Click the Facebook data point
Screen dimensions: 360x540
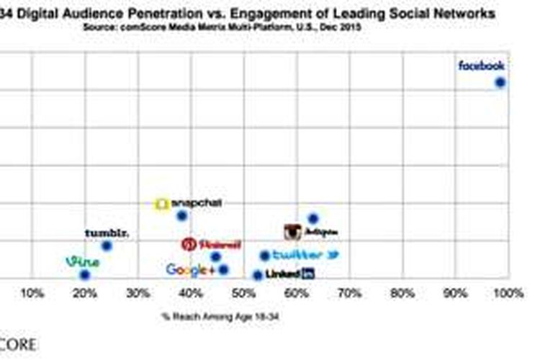point(500,83)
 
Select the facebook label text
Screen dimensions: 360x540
point(482,66)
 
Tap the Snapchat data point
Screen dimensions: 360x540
point(182,215)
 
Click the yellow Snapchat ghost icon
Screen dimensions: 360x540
point(163,204)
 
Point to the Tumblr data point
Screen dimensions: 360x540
point(107,246)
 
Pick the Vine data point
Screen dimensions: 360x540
point(85,274)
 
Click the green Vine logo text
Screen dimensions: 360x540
point(82,261)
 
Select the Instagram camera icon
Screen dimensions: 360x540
point(292,232)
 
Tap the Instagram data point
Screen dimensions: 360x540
point(313,218)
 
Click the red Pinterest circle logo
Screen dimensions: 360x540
point(189,245)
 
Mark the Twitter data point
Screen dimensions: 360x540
point(264,256)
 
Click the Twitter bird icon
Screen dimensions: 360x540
point(333,255)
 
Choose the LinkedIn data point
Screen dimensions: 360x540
point(258,275)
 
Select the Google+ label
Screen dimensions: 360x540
point(191,270)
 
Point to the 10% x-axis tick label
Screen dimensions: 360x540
point(32,294)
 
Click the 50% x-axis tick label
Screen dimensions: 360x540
point(243,294)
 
